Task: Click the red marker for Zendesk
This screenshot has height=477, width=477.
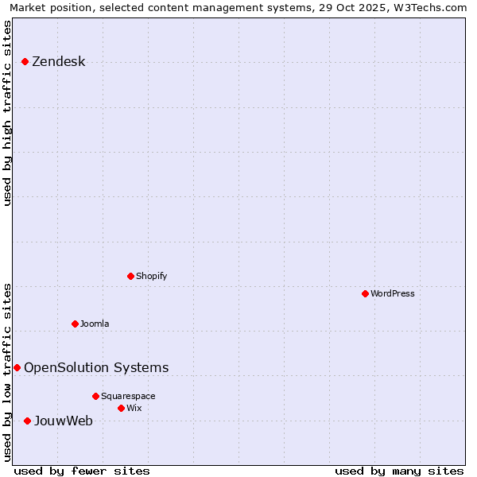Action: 25,61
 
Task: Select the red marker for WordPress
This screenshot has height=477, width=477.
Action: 365,293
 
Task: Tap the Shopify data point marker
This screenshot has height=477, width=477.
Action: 130,276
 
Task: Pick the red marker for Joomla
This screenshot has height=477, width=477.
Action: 75,324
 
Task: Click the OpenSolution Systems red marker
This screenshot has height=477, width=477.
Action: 17,367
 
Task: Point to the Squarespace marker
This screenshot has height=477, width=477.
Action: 95,396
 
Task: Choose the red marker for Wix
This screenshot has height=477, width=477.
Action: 121,408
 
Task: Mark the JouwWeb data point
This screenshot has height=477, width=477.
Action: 27,421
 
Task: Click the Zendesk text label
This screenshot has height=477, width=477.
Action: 58,62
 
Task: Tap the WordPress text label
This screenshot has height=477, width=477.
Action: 393,293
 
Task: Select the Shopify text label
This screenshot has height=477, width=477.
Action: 151,276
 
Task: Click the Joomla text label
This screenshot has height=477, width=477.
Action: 95,324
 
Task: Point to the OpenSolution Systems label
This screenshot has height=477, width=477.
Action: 96,367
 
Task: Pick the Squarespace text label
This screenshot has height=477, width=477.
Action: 128,396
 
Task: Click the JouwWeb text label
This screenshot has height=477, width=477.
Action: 63,421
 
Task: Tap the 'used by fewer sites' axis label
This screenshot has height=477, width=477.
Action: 82,471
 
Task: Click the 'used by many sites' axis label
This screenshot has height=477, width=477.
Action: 399,471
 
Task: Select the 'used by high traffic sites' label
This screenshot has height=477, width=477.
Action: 8,113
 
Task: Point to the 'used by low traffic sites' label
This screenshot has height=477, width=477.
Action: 8,371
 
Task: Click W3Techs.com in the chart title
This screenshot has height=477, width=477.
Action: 427,7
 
